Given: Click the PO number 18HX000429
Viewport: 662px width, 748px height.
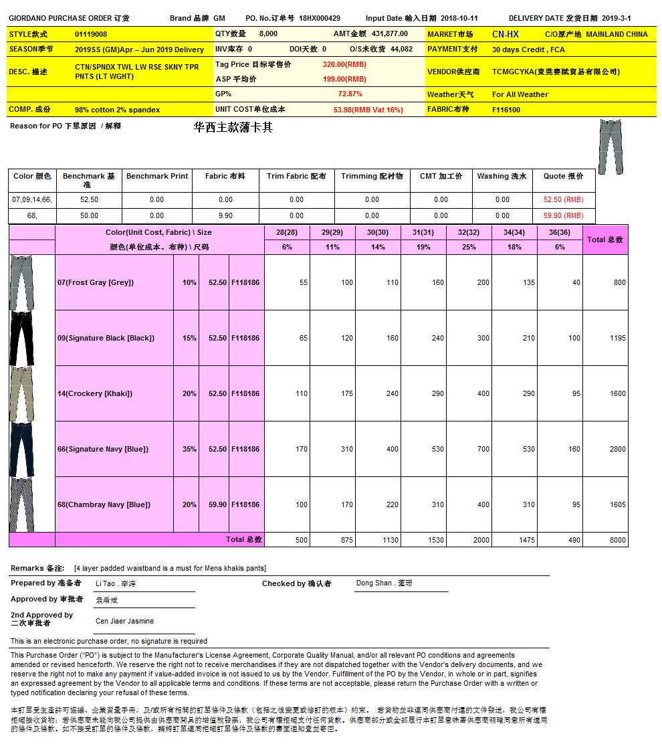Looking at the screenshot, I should pyautogui.click(x=320, y=18).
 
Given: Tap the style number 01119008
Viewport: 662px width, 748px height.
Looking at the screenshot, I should pyautogui.click(x=91, y=34).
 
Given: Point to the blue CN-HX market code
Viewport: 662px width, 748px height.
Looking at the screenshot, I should pyautogui.click(x=505, y=34).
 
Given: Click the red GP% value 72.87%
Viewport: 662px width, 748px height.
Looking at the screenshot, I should pyautogui.click(x=350, y=94).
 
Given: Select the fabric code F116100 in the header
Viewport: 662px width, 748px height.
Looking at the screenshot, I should pyautogui.click(x=506, y=110).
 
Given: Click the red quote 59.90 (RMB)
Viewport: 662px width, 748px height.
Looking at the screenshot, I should pyautogui.click(x=563, y=215).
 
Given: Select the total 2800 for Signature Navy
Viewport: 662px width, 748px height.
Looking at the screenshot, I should pyautogui.click(x=617, y=449).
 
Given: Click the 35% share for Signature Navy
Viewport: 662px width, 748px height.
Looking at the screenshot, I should pyautogui.click(x=189, y=449).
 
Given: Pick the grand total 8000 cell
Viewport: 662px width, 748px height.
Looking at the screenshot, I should pyautogui.click(x=617, y=540).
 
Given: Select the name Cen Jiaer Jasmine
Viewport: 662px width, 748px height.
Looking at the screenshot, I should pyautogui.click(x=124, y=622).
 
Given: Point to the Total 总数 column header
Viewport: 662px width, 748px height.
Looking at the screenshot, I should pyautogui.click(x=605, y=240).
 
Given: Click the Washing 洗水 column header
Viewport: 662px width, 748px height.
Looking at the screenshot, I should pyautogui.click(x=502, y=176).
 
